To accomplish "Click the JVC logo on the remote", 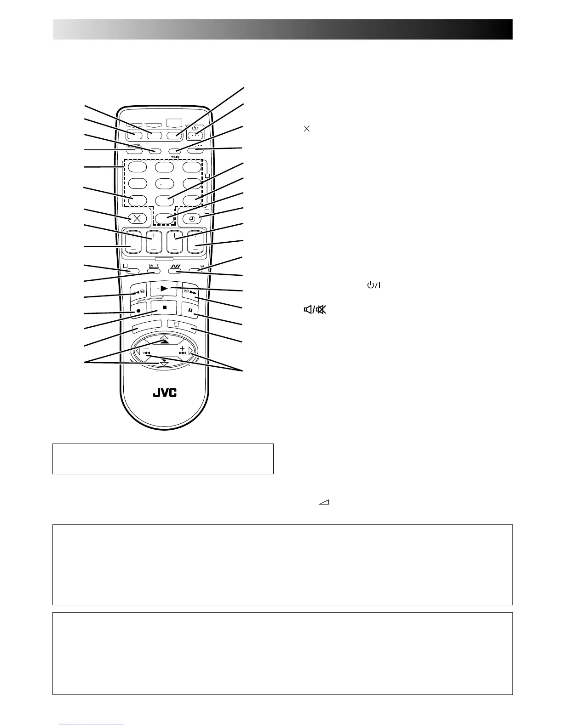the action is (165, 393).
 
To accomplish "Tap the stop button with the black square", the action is (164, 307).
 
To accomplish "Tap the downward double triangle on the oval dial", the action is (164, 363).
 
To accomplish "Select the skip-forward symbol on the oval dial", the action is (183, 353).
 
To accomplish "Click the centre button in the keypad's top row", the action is (165, 167).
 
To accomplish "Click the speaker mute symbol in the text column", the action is (314, 310).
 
